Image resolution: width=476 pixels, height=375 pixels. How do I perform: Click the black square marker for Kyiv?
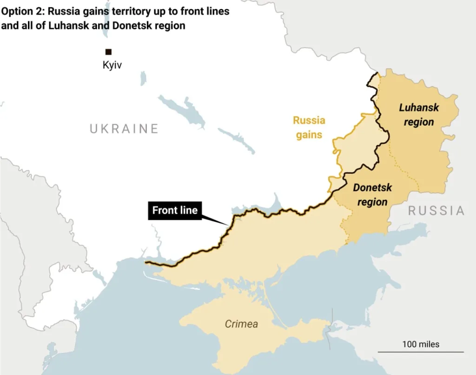[108, 52]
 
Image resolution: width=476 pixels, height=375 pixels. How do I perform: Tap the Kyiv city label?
[112, 65]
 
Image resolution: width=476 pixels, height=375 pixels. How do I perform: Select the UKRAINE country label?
[124, 129]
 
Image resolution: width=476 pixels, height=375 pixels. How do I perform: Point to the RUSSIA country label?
[436, 211]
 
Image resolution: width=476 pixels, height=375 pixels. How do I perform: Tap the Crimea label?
[241, 324]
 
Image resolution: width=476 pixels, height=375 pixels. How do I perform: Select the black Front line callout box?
[175, 211]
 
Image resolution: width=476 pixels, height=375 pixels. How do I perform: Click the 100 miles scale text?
[421, 344]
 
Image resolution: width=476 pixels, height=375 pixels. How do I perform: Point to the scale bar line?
[421, 352]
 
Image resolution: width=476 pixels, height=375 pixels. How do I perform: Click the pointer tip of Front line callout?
[228, 225]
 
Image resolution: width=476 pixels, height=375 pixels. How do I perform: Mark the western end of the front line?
[145, 263]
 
